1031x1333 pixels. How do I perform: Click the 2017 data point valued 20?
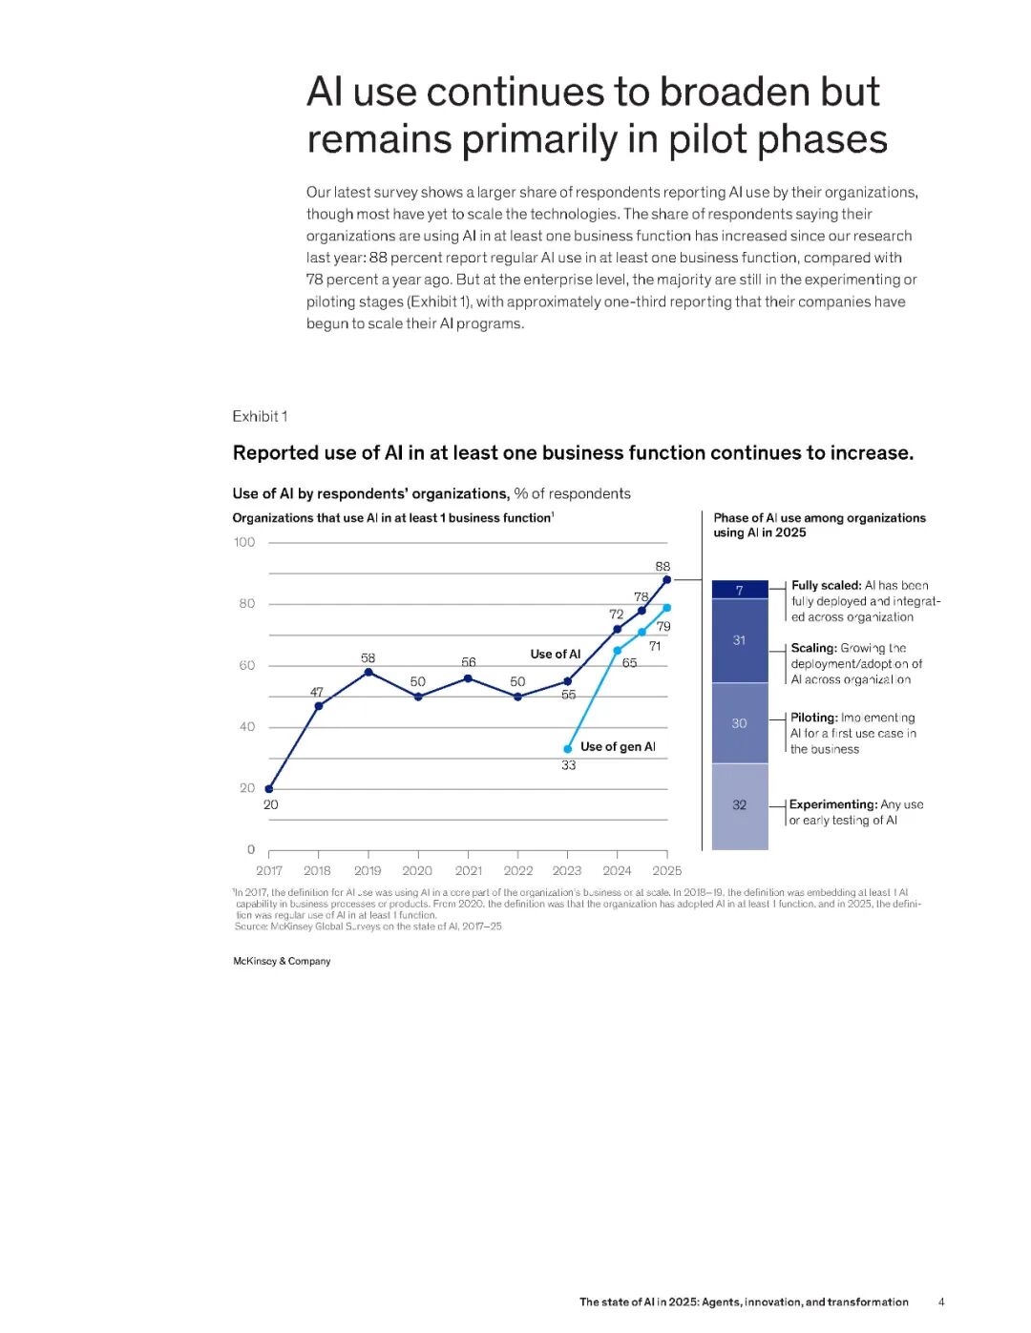pos(269,789)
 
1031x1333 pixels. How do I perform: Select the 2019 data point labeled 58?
pos(368,673)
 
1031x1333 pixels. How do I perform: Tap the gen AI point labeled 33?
pos(568,749)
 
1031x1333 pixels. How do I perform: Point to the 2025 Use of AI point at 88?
pos(666,579)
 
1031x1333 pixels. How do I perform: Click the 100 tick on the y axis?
pos(244,542)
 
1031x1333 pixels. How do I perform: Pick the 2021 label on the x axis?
pos(468,870)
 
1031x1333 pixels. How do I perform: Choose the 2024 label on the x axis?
pos(617,870)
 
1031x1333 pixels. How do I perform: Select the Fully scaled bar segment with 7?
pos(740,591)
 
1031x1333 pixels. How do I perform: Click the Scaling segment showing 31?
pos(740,640)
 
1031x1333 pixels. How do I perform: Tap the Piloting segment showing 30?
pos(740,723)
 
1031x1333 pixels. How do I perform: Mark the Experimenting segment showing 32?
pos(740,805)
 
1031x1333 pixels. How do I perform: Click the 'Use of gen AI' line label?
pos(618,746)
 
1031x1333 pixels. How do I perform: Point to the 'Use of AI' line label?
pos(555,654)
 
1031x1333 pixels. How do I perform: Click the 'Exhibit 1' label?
pos(260,416)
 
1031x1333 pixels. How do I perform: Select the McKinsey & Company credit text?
pos(282,961)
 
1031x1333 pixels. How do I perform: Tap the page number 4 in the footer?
pos(941,1302)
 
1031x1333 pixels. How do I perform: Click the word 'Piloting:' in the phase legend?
pos(814,718)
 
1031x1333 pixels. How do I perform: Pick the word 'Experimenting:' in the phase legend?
pos(833,804)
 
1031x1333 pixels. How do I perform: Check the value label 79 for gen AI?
pos(663,627)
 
